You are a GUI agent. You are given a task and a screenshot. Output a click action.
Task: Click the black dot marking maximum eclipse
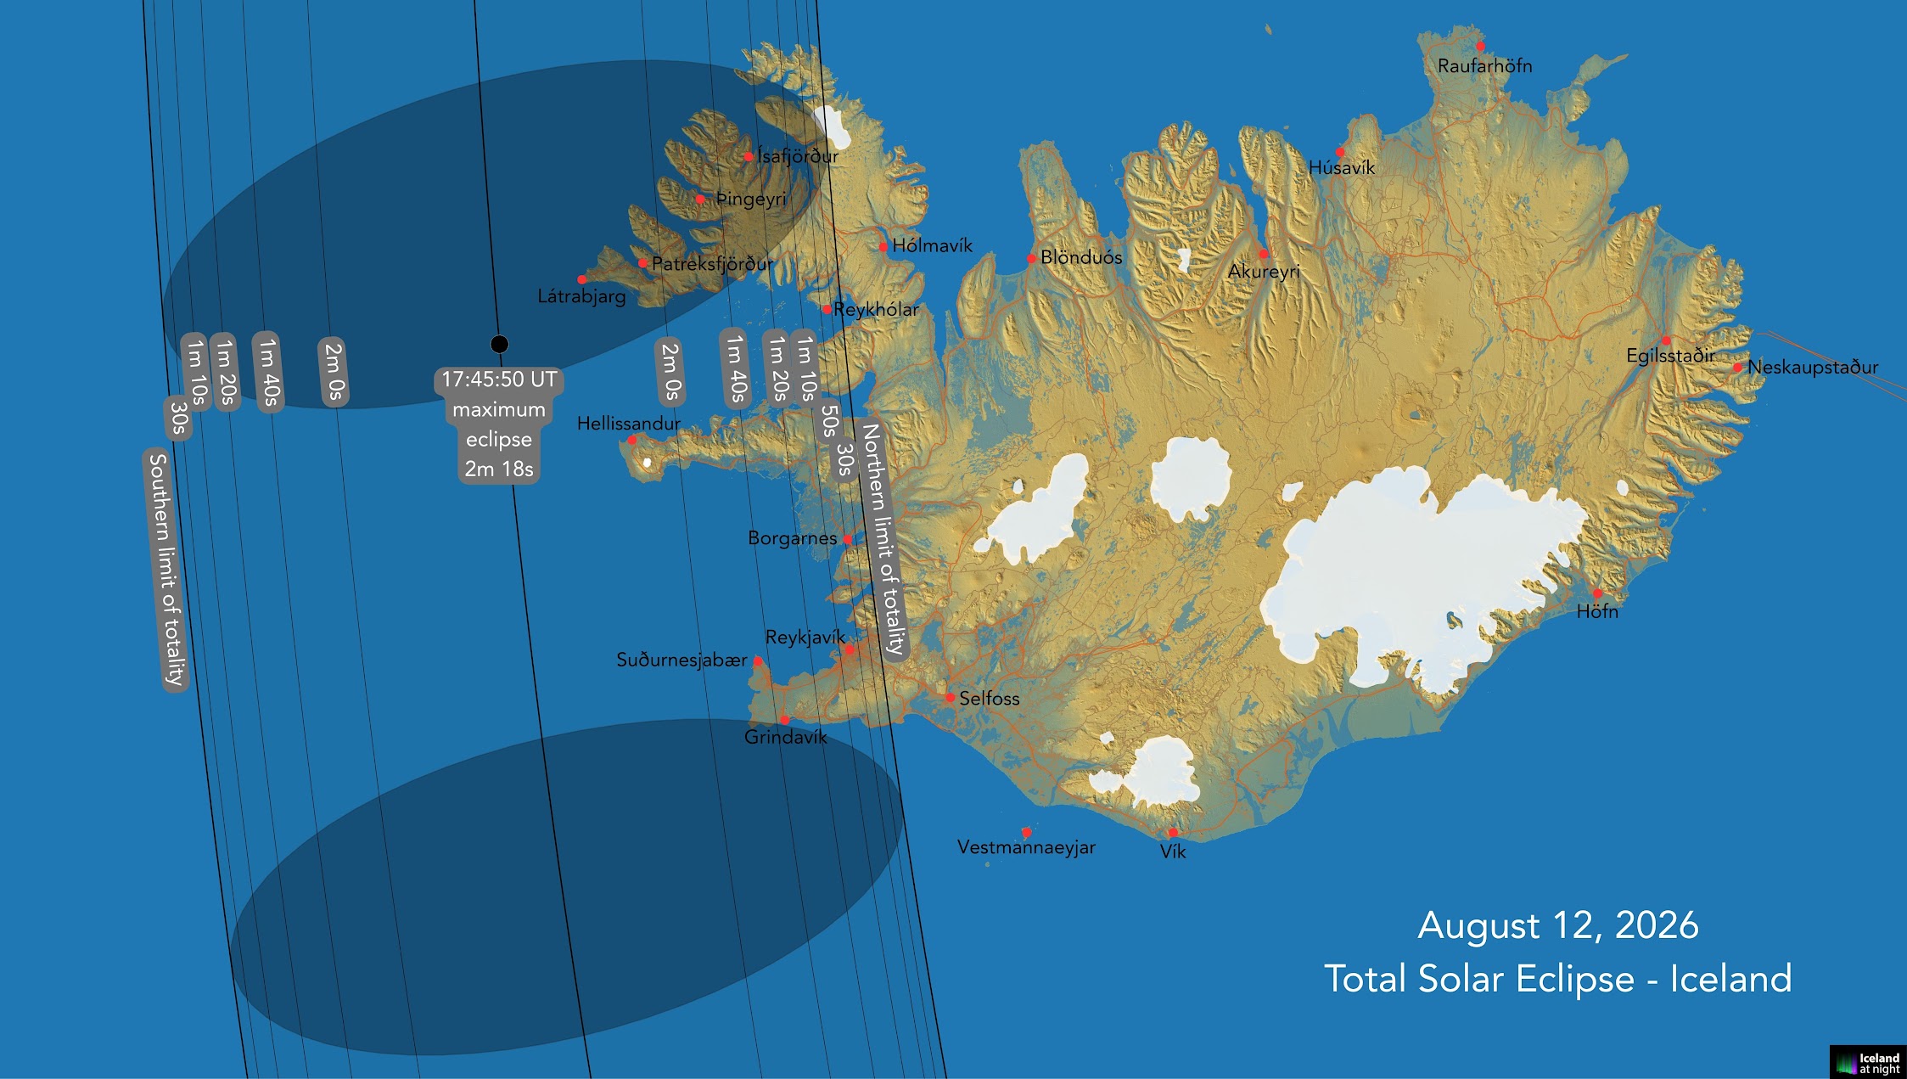click(499, 344)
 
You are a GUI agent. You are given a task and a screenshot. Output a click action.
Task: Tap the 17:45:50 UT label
click(499, 379)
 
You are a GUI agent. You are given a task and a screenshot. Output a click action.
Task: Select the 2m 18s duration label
click(499, 469)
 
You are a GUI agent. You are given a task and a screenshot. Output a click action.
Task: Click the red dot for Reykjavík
click(850, 649)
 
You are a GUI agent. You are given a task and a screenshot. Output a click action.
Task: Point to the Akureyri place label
click(1264, 272)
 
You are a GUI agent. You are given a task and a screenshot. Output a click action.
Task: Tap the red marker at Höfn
click(1596, 593)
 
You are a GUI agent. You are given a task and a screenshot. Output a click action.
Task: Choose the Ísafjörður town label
click(797, 156)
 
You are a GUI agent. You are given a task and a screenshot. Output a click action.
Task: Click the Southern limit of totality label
click(165, 570)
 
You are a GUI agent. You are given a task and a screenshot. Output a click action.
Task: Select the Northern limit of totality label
click(883, 540)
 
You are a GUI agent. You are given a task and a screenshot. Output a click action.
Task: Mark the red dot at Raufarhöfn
click(1480, 47)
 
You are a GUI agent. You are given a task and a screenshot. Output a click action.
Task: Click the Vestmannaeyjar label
click(1025, 847)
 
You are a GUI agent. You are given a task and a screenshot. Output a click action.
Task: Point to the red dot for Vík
click(1172, 833)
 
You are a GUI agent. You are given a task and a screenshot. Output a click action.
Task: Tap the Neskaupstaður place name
click(1812, 367)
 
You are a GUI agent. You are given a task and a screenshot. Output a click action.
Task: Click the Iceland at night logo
click(1868, 1063)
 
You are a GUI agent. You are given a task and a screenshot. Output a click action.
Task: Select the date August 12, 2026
click(1557, 925)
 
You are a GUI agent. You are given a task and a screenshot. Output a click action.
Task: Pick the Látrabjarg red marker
click(581, 279)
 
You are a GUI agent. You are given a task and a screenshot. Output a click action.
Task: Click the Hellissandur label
click(628, 423)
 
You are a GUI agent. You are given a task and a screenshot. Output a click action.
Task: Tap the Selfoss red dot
click(950, 698)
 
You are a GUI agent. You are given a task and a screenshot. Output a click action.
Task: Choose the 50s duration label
click(829, 420)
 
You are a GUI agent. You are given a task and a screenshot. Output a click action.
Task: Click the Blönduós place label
click(1080, 257)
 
